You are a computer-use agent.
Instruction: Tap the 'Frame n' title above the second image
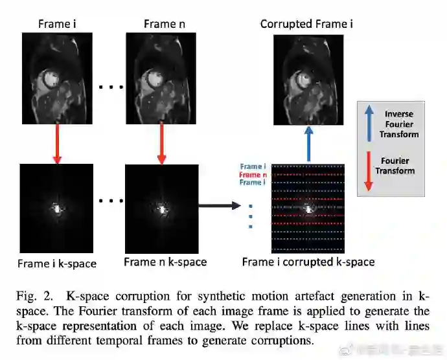[159, 24]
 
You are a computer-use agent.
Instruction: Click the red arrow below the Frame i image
[56, 143]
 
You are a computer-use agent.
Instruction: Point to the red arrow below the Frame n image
[161, 143]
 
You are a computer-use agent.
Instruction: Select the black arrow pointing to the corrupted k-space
[221, 207]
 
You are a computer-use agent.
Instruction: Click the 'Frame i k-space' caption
[56, 264]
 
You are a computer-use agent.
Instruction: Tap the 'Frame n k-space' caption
[165, 262]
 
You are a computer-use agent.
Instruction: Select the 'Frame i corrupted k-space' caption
[308, 262]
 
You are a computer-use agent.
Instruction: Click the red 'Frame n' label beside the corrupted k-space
[253, 175]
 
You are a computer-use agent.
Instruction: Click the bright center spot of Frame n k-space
[161, 208]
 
